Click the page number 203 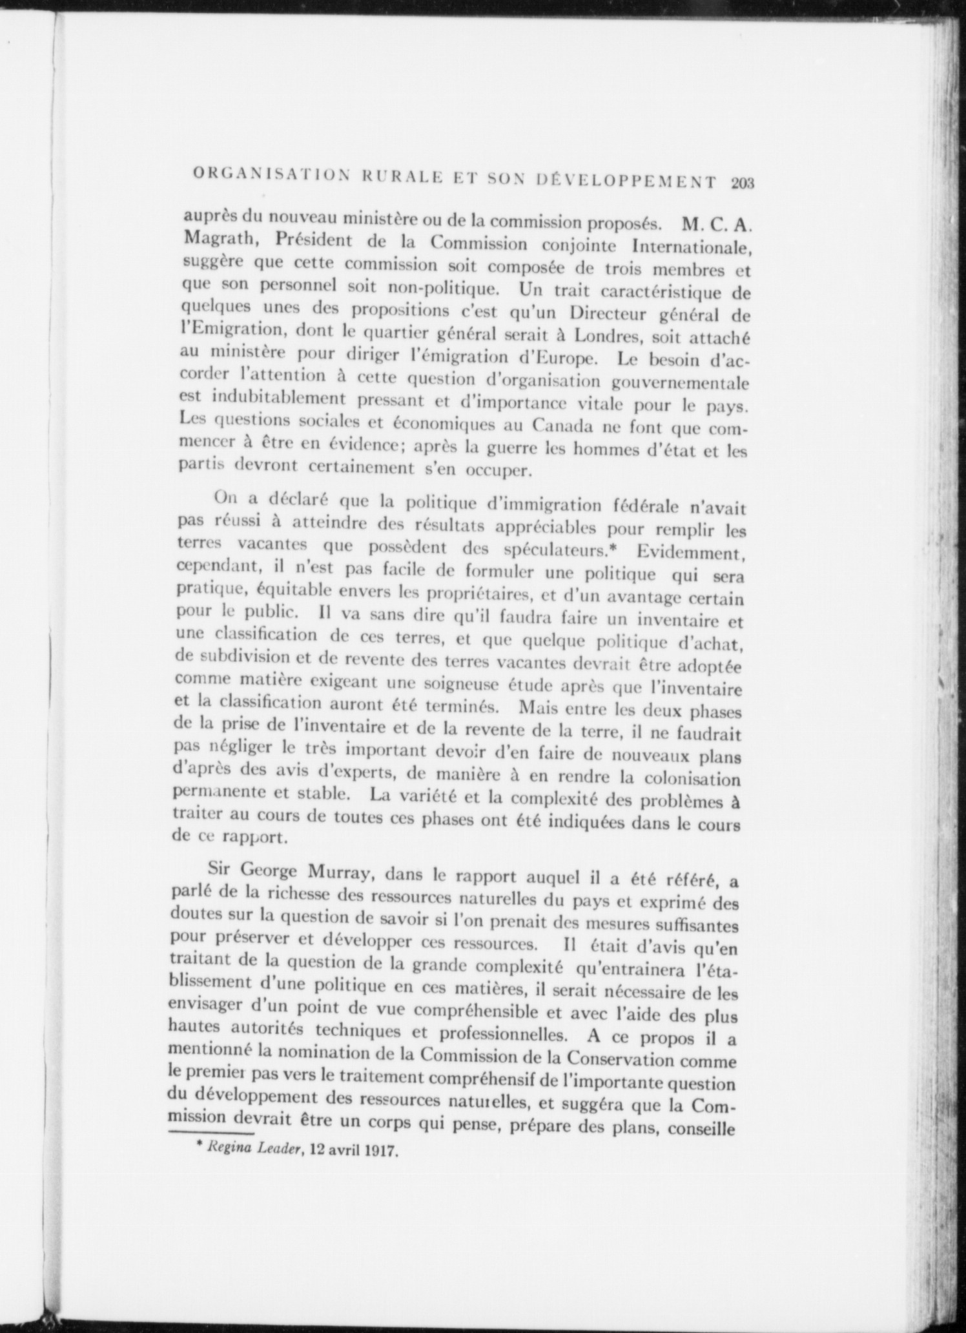743,183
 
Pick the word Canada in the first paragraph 560,426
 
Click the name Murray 340,871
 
